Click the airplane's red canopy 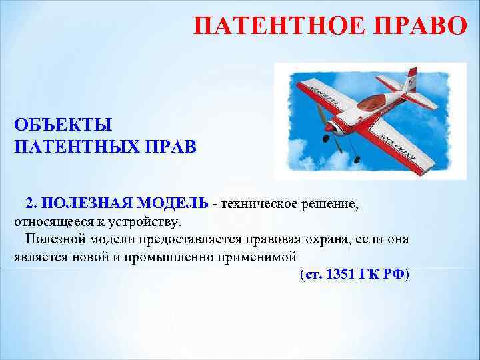coord(371,103)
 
